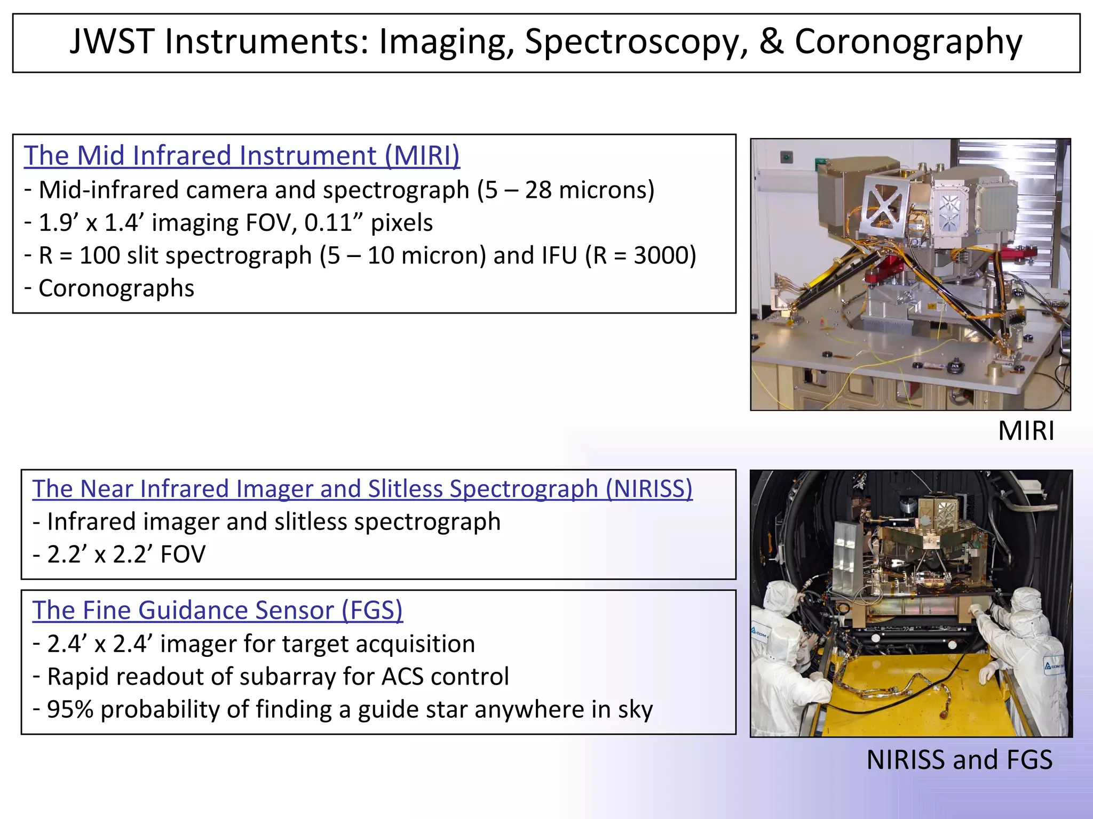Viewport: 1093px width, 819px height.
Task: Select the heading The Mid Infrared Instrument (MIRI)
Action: coord(241,156)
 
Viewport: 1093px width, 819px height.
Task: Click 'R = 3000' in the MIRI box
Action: coord(640,256)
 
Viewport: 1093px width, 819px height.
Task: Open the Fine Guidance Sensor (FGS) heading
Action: coord(217,611)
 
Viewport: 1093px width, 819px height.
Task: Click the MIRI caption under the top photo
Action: coord(1026,431)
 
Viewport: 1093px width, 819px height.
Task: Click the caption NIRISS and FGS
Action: coord(959,760)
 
